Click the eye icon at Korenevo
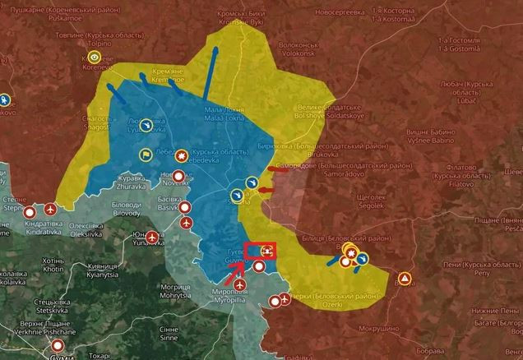point(95,58)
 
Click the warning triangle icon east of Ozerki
point(405,279)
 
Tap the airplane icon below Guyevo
point(240,284)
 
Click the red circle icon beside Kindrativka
point(51,210)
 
